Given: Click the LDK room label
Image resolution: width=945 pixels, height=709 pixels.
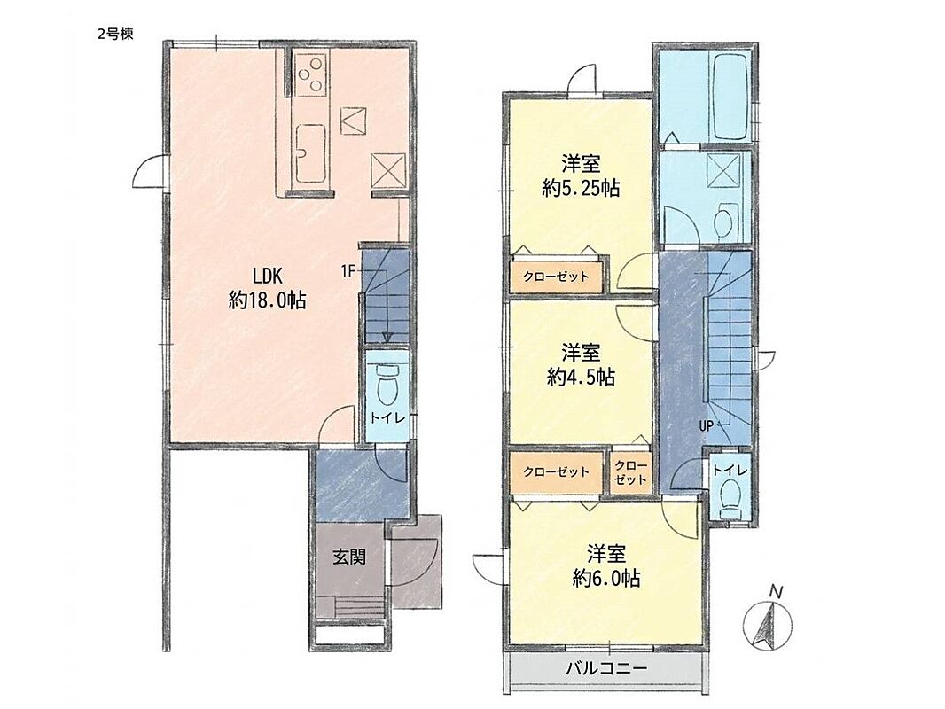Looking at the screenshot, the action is pyautogui.click(x=268, y=276).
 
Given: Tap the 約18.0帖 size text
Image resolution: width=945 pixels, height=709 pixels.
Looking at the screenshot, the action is pyautogui.click(x=267, y=300).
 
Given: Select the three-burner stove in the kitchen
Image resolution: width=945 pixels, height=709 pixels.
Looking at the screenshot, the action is pyautogui.click(x=311, y=74).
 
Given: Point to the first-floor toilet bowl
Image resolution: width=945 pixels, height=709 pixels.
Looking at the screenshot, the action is pyautogui.click(x=387, y=386).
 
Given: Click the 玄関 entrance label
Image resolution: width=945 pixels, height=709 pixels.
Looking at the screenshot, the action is pyautogui.click(x=349, y=557).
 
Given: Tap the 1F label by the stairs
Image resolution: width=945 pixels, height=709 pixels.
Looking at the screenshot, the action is pyautogui.click(x=348, y=271).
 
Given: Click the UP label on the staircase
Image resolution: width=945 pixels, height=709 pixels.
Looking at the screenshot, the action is pyautogui.click(x=706, y=426).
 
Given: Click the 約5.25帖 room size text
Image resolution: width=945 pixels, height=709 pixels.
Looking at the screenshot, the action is pyautogui.click(x=581, y=189).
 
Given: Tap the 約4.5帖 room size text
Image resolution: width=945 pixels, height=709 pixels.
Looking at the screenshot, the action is pyautogui.click(x=581, y=377).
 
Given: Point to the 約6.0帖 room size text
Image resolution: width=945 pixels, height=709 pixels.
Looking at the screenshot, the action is pyautogui.click(x=606, y=579).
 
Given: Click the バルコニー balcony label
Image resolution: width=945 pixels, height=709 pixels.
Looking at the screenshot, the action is pyautogui.click(x=606, y=668).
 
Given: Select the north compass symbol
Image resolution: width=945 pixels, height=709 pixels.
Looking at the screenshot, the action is pyautogui.click(x=768, y=623).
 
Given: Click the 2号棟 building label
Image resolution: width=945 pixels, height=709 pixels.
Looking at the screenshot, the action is pyautogui.click(x=115, y=35).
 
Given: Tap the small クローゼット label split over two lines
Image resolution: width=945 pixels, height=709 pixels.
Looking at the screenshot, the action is pyautogui.click(x=630, y=473).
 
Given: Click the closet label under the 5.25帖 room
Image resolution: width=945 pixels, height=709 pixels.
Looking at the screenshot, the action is pyautogui.click(x=555, y=277).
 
